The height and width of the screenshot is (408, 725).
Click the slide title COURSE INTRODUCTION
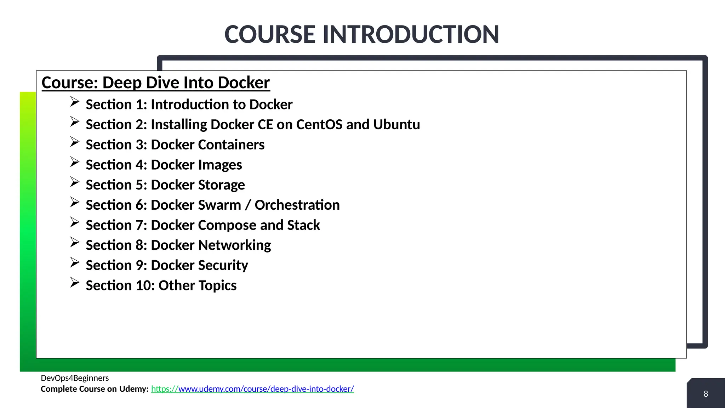pyautogui.click(x=362, y=35)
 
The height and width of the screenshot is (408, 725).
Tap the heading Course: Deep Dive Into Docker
pyautogui.click(x=156, y=83)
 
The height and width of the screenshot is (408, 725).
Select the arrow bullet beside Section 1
pyautogui.click(x=74, y=102)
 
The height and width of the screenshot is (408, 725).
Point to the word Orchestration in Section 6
pyautogui.click(x=297, y=205)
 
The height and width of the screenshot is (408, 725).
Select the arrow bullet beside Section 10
pyautogui.click(x=74, y=283)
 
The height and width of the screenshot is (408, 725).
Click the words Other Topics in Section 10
pyautogui.click(x=198, y=285)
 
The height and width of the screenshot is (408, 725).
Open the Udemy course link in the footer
pyautogui.click(x=252, y=389)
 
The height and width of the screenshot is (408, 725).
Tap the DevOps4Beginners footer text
pyautogui.click(x=75, y=378)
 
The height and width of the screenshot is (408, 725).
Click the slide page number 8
pyautogui.click(x=706, y=394)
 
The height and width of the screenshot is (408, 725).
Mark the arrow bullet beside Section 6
pyautogui.click(x=74, y=202)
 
